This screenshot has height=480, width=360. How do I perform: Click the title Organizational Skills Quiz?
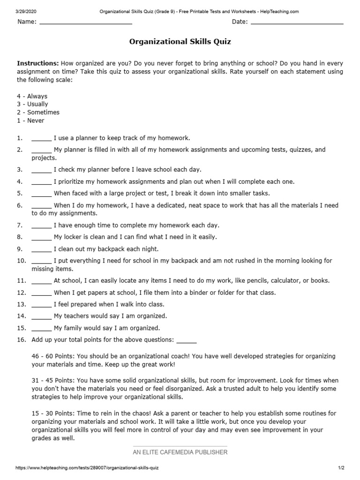(180, 42)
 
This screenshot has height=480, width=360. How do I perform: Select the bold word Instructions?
(38, 63)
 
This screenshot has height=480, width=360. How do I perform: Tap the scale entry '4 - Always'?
(32, 96)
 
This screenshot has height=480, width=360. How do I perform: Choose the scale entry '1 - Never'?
(31, 120)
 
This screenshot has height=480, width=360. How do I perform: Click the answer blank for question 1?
(41, 139)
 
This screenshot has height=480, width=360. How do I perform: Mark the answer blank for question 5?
(41, 194)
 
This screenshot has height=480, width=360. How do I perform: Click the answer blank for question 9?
(41, 249)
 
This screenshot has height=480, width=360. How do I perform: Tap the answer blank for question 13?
(41, 304)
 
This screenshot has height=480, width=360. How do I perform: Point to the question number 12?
(21, 292)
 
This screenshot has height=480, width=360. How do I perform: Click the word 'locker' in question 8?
(74, 237)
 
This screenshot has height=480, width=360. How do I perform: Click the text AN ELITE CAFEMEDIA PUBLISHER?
(180, 452)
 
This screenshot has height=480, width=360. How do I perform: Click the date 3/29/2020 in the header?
(26, 11)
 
